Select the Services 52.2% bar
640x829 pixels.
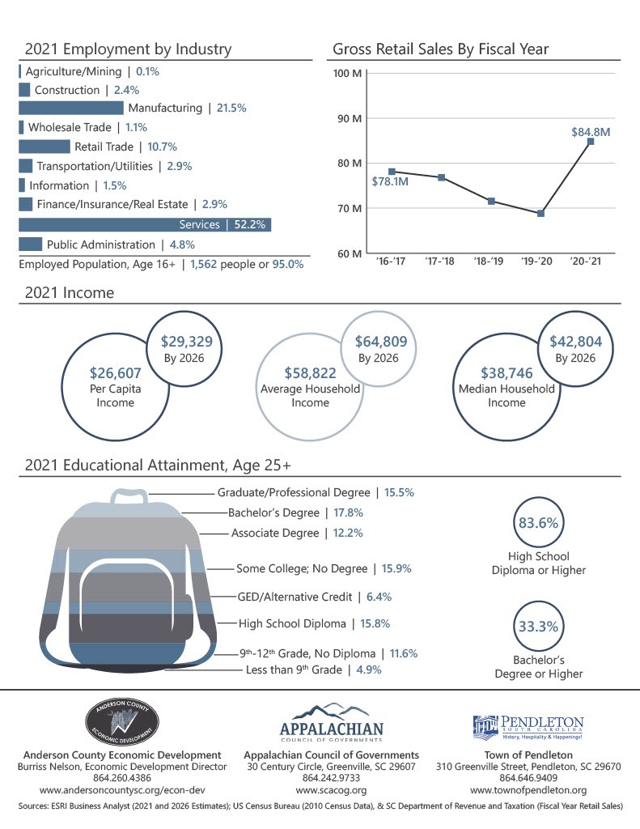pyautogui.click(x=144, y=225)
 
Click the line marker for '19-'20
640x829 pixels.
pyautogui.click(x=540, y=214)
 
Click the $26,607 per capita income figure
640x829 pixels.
pyautogui.click(x=114, y=373)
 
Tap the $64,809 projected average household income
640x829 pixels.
pyautogui.click(x=375, y=342)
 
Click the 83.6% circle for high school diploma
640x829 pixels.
pyautogui.click(x=538, y=523)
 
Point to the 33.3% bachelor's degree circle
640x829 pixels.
pyautogui.click(x=538, y=626)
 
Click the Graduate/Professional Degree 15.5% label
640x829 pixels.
pyautogui.click(x=316, y=492)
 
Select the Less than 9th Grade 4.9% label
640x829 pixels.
pyautogui.click(x=313, y=670)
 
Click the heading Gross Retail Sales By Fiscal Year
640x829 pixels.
pyautogui.click(x=440, y=49)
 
